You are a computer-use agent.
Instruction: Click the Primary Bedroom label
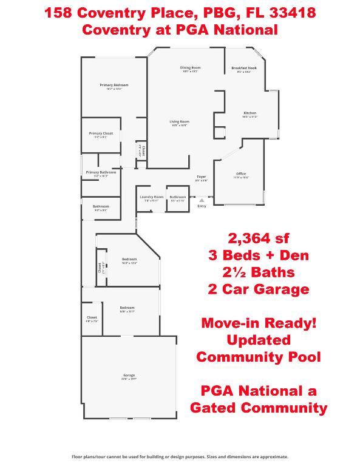[114, 85]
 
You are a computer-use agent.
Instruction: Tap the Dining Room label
[190, 67]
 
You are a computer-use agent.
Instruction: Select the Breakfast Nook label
[243, 68]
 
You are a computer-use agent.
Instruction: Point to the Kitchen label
[250, 113]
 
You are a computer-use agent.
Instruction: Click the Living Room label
[180, 121]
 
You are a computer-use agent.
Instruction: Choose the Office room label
[241, 174]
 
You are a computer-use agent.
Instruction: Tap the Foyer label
[201, 177]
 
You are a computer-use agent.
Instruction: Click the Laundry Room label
[151, 197]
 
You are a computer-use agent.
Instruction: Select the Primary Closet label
[101, 133]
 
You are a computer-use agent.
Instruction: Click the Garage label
[129, 376]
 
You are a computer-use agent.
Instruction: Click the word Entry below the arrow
[202, 206]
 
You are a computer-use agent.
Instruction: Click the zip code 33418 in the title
[293, 12]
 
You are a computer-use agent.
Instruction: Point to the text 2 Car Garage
[258, 289]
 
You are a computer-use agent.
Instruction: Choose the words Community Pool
[258, 357]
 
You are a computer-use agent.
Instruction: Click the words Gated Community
[258, 408]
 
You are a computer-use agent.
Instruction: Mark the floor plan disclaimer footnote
[180, 456]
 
